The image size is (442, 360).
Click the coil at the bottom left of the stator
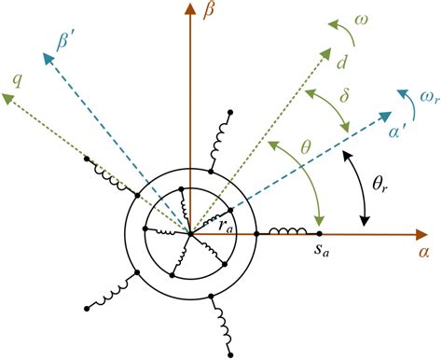click(x=107, y=296)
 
